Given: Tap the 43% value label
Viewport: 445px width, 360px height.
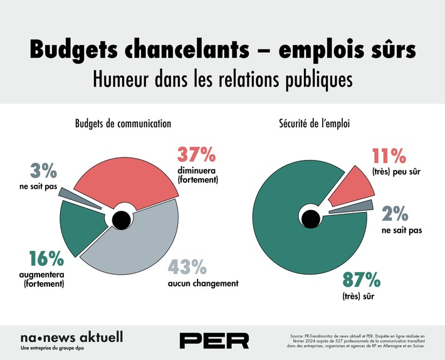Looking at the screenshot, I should coord(186,267).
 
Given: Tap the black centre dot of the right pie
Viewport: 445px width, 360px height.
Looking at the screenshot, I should coord(309,219).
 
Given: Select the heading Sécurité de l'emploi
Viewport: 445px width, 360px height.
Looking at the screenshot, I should coord(314,124).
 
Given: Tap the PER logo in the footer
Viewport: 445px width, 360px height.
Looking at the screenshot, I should coord(214,341).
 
